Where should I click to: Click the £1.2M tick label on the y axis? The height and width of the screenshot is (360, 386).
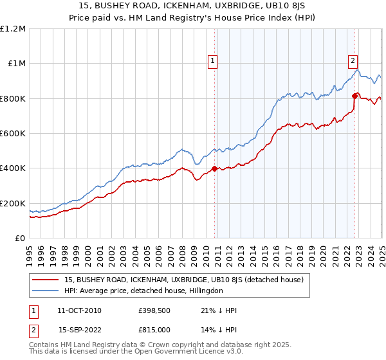point(14,28)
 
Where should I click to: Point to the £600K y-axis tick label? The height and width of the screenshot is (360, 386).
point(14,133)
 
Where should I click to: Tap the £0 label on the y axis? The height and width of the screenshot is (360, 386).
point(20,238)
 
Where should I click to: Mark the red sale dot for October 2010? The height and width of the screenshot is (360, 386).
point(214,169)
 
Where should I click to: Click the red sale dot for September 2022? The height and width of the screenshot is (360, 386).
point(354,96)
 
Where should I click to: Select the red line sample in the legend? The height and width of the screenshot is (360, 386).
point(46,279)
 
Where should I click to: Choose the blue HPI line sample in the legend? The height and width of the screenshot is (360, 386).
point(46,291)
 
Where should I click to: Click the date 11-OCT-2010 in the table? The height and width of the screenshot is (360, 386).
point(79,310)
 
